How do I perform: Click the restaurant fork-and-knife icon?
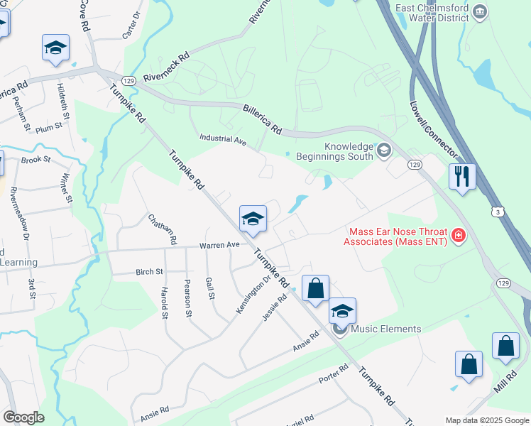pos(462,176)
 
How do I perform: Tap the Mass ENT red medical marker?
pos(458,235)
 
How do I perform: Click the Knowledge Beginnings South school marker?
pos(384,149)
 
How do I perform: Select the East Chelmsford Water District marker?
pos(480,11)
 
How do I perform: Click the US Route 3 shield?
pos(499,212)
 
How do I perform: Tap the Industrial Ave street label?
pos(223,141)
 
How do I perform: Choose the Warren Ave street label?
pos(219,245)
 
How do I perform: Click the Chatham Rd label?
pos(162,229)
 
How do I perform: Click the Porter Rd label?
pos(333,373)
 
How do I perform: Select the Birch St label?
pos(149,272)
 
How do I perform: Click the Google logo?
pos(23,417)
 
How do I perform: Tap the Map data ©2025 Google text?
pos(486,420)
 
